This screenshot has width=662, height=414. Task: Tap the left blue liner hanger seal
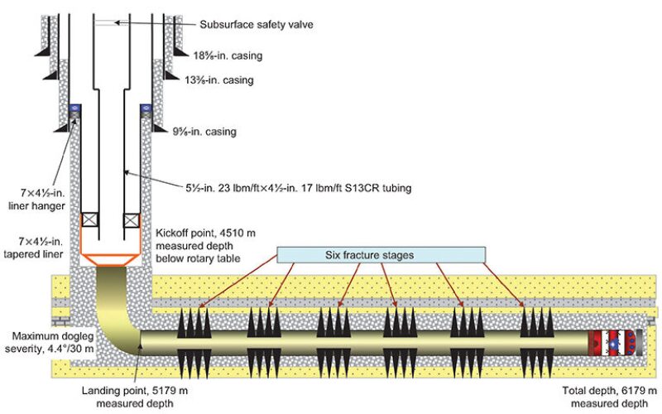tap(74, 108)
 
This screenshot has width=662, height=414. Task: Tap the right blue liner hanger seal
tap(142, 108)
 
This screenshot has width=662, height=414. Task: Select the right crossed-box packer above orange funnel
tap(130, 221)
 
